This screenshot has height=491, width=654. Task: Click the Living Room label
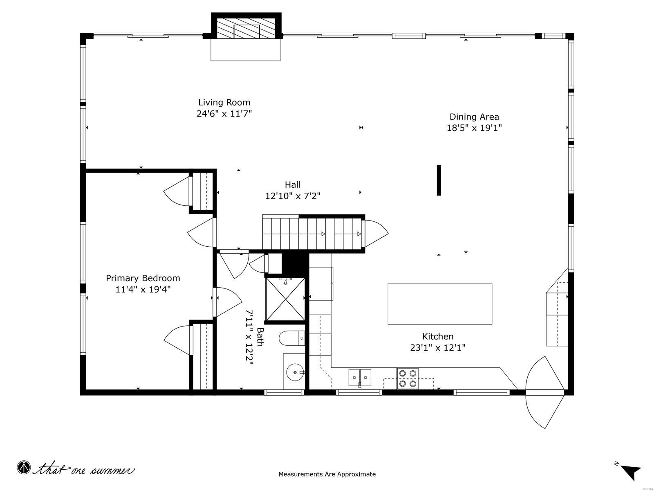point(224,102)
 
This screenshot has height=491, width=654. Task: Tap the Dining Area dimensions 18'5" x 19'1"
point(474,128)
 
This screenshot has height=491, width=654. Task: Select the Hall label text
point(293,185)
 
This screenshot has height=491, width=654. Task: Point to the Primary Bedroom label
point(143,278)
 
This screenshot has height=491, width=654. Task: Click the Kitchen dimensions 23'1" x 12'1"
point(438,348)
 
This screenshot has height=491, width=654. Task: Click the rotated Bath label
point(260,337)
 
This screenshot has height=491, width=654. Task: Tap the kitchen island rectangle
point(439,304)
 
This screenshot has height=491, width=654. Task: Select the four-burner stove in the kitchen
point(408,378)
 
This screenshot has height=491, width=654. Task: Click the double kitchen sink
point(360,377)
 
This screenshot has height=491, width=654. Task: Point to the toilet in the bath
point(291,338)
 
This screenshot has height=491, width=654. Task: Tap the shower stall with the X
point(285,299)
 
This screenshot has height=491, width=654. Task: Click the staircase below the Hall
point(313,233)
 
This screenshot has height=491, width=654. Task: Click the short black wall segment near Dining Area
point(439,180)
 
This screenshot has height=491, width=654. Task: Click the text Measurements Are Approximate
point(327,474)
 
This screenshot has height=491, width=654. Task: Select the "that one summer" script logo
point(76,469)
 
